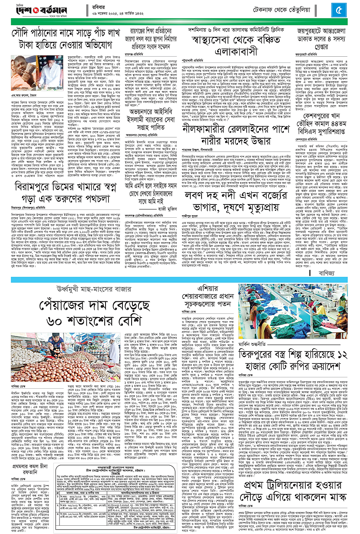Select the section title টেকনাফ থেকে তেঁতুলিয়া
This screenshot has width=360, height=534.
tap(300, 8)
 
